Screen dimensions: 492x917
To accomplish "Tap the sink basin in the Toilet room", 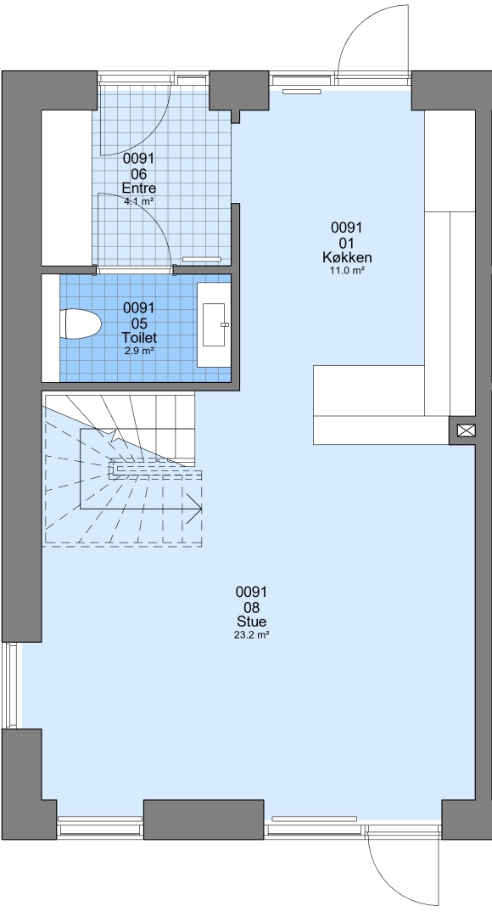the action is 215,324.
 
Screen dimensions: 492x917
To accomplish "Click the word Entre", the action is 138,188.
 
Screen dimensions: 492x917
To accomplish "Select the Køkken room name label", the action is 347,257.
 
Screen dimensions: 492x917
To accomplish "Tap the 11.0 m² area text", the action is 347,270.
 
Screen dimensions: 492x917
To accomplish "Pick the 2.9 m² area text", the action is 139,351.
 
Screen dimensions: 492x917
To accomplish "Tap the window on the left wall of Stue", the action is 11,685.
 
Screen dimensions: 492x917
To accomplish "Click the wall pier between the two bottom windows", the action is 204,819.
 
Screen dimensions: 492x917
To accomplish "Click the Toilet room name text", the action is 139,338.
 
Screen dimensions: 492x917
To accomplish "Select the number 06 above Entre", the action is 139,174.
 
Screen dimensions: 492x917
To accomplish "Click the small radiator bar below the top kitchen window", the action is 302,91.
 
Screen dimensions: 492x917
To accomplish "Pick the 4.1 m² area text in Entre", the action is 139,201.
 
